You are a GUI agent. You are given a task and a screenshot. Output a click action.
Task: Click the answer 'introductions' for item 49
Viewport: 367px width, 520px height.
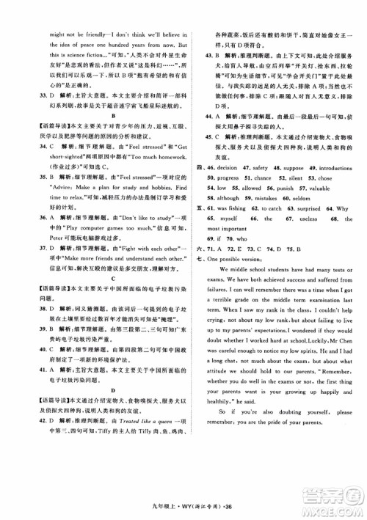coord(335,168)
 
